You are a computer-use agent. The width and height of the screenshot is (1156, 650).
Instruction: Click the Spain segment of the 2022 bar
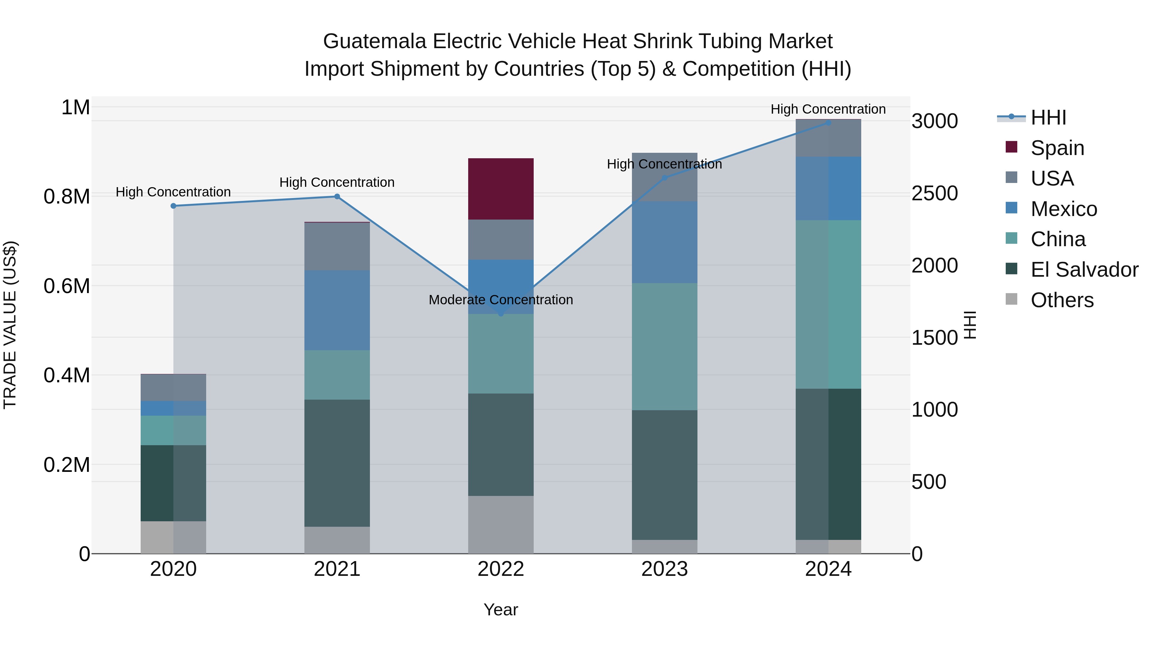[501, 189]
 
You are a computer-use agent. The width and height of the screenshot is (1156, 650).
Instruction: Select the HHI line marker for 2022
[501, 314]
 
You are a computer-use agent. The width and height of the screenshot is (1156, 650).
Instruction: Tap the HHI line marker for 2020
[173, 206]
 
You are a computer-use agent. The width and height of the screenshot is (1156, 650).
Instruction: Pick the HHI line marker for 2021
[337, 196]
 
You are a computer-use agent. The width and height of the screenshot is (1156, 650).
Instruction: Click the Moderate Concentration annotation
[501, 300]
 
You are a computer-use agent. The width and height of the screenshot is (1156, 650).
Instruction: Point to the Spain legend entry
[1057, 148]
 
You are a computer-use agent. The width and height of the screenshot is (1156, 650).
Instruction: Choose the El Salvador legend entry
[1084, 270]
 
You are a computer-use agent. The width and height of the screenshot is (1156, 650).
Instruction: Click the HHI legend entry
[1048, 117]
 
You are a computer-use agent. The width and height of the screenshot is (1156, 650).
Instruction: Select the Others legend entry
[1062, 300]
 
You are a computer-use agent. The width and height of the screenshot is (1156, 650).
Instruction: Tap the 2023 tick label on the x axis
[665, 569]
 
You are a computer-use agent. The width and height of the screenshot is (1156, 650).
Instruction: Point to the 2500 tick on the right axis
[934, 193]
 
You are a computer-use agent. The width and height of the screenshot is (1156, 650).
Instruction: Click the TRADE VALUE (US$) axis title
[10, 325]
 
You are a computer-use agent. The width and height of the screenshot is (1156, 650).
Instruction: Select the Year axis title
[501, 610]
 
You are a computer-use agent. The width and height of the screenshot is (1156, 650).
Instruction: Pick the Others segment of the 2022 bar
[501, 524]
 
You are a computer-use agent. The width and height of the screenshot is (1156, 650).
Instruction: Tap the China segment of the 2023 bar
[665, 346]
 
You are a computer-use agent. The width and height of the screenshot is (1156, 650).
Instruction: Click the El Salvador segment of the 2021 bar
[337, 463]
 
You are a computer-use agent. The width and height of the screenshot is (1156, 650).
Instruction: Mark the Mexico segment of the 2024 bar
[828, 188]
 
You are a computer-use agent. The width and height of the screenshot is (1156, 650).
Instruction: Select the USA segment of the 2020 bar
[173, 387]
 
